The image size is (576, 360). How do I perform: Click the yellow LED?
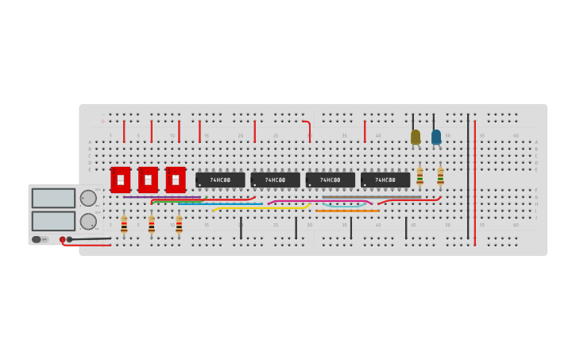click(x=416, y=137)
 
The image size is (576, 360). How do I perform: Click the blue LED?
click(x=436, y=137)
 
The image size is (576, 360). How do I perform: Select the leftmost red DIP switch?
click(x=121, y=180)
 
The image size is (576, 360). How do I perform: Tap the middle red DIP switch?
click(x=148, y=180)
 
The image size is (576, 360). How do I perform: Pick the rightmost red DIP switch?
click(x=176, y=180)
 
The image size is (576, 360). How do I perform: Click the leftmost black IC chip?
click(x=220, y=180)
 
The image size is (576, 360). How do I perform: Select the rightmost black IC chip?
click(x=385, y=180)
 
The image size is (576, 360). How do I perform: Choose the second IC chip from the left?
click(x=275, y=180)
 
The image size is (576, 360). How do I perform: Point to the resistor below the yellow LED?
click(x=419, y=176)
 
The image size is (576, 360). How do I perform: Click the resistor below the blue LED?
click(x=440, y=176)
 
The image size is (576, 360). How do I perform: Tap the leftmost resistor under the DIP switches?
click(x=124, y=225)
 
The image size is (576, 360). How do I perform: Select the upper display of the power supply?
click(x=53, y=198)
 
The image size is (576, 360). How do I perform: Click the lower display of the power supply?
click(x=53, y=220)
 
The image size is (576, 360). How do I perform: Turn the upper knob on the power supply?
click(x=88, y=198)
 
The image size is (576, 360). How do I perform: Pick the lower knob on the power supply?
click(x=88, y=221)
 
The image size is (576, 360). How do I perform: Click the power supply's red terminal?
click(x=63, y=239)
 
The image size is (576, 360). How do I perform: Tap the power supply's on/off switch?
click(x=37, y=239)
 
